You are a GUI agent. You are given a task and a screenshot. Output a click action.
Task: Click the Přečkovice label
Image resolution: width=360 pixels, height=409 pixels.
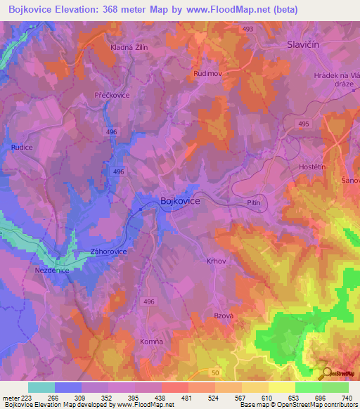[x=112, y=93]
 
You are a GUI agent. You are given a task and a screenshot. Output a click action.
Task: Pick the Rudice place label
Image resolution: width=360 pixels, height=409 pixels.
[x=22, y=148]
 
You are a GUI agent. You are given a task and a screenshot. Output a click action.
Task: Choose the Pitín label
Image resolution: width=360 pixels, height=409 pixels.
[x=255, y=202]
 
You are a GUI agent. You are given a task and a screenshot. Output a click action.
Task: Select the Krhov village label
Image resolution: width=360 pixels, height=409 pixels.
[x=216, y=261]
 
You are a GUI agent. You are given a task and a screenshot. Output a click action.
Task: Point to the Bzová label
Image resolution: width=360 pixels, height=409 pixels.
[x=224, y=316]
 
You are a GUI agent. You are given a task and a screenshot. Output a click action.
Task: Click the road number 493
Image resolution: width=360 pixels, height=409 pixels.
[x=247, y=29]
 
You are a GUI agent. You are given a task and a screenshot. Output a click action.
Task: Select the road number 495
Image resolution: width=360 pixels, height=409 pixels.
[x=303, y=124]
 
